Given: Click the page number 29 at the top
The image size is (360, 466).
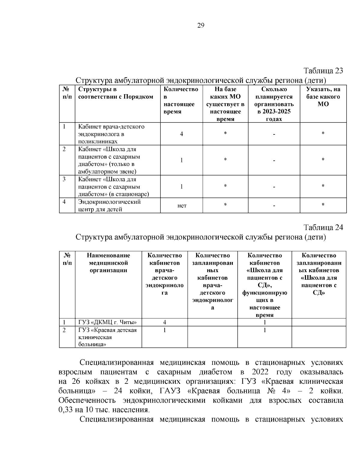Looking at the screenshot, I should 201,26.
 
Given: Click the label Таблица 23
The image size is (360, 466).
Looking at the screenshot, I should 323,71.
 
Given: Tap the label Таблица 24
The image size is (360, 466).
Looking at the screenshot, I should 323,227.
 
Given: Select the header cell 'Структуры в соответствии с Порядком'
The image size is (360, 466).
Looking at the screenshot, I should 115,93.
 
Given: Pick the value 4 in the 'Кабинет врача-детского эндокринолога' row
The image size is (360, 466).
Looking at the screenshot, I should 181,134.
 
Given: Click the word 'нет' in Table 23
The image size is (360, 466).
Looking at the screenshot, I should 182,206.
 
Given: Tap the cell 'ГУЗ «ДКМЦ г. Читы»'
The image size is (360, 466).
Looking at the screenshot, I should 107,322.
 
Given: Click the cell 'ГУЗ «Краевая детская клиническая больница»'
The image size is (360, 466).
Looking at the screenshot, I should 107,337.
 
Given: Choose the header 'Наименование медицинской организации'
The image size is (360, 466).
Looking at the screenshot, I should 108,263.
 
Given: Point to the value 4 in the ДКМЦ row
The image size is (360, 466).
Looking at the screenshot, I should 164,322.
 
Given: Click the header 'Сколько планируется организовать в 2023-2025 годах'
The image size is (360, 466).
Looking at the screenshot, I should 274,104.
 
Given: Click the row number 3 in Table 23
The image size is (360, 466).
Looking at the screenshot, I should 64,179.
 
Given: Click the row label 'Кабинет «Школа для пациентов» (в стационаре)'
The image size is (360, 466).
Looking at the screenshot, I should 113,187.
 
